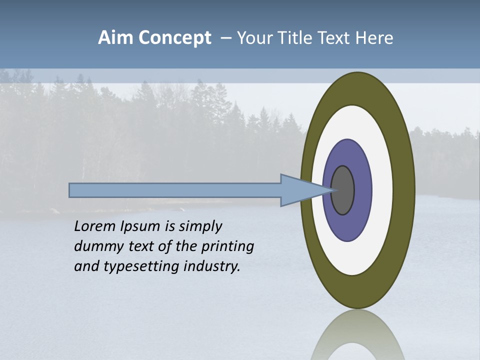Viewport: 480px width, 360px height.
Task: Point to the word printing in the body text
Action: pyautogui.click(x=227, y=247)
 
